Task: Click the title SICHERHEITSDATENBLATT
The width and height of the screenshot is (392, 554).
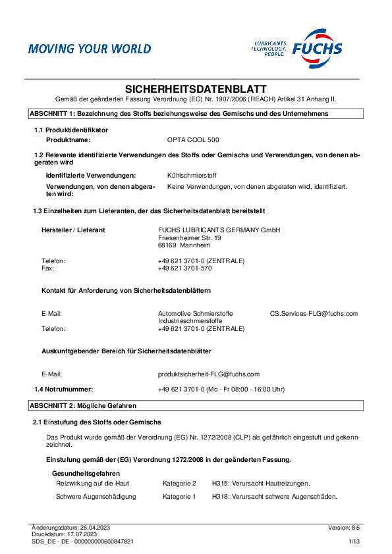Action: (x=196, y=88)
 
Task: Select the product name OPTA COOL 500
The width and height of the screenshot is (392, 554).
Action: (x=194, y=140)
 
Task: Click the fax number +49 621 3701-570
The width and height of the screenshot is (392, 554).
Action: (x=184, y=268)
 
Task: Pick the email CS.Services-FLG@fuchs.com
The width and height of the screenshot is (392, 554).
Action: (x=314, y=313)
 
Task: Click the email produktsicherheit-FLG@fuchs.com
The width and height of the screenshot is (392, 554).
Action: (x=209, y=373)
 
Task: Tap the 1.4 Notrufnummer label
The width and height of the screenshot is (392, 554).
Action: (x=64, y=389)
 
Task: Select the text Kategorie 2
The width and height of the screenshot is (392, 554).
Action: (x=179, y=483)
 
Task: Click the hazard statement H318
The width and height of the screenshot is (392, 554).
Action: (x=275, y=496)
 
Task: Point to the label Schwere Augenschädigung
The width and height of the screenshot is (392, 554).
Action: (x=96, y=496)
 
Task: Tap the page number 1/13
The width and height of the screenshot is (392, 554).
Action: (x=354, y=541)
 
